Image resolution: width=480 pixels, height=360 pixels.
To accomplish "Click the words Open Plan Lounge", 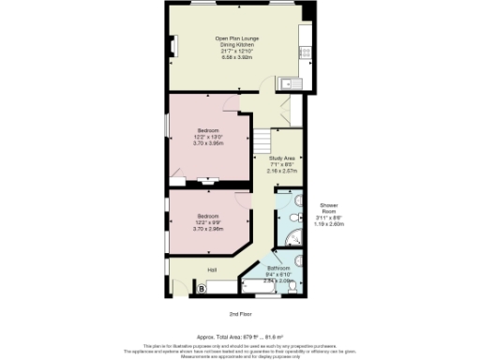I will pyautogui.click(x=237, y=38).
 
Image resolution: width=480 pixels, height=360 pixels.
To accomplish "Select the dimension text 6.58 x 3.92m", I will pyautogui.click(x=237, y=56).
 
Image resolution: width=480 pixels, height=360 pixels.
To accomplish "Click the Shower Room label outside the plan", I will pyautogui.click(x=328, y=208).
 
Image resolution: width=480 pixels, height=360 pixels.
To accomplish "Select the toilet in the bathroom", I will pyautogui.click(x=297, y=262).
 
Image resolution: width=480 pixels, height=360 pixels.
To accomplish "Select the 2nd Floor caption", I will pyautogui.click(x=240, y=314).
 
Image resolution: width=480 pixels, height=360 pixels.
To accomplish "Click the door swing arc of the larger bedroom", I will pyautogui.click(x=231, y=102).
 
